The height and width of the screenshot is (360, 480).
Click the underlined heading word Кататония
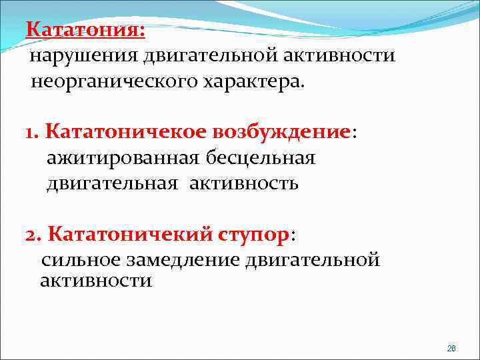coord(84,30)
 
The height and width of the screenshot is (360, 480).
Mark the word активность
coord(244,183)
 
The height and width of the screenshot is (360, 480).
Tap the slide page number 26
coord(451,349)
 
